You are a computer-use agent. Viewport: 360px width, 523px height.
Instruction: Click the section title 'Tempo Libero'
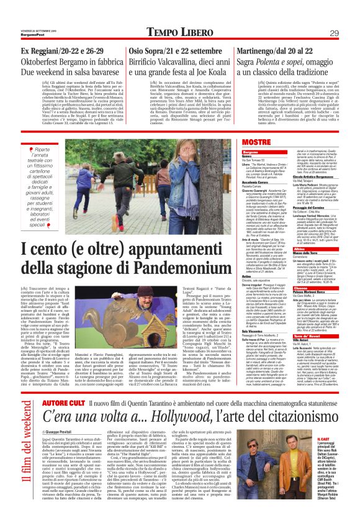click(180, 15)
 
